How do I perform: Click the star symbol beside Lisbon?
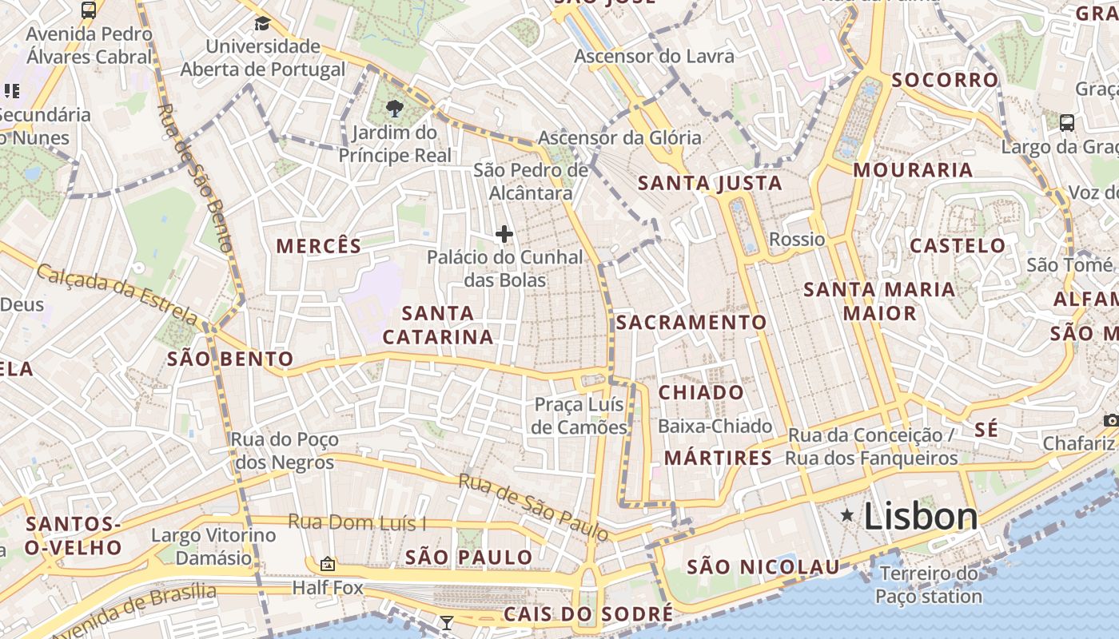(847, 516)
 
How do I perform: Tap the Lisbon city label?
(921, 517)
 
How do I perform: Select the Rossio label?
(797, 239)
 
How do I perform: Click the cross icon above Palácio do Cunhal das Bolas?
(504, 234)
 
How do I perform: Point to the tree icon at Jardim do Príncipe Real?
(394, 108)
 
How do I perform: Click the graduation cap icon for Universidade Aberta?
(262, 22)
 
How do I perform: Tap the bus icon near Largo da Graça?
(1067, 122)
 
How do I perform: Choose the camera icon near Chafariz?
(1111, 420)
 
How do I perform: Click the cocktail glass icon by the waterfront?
(447, 622)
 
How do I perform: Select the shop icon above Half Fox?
(327, 565)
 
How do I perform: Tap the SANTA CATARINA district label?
(438, 325)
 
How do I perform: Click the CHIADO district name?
(701, 392)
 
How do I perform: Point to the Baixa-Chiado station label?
(715, 427)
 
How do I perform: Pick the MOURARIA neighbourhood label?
(913, 169)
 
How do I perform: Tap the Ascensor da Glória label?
(619, 137)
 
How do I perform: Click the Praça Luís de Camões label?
(579, 415)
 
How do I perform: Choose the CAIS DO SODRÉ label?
(588, 613)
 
